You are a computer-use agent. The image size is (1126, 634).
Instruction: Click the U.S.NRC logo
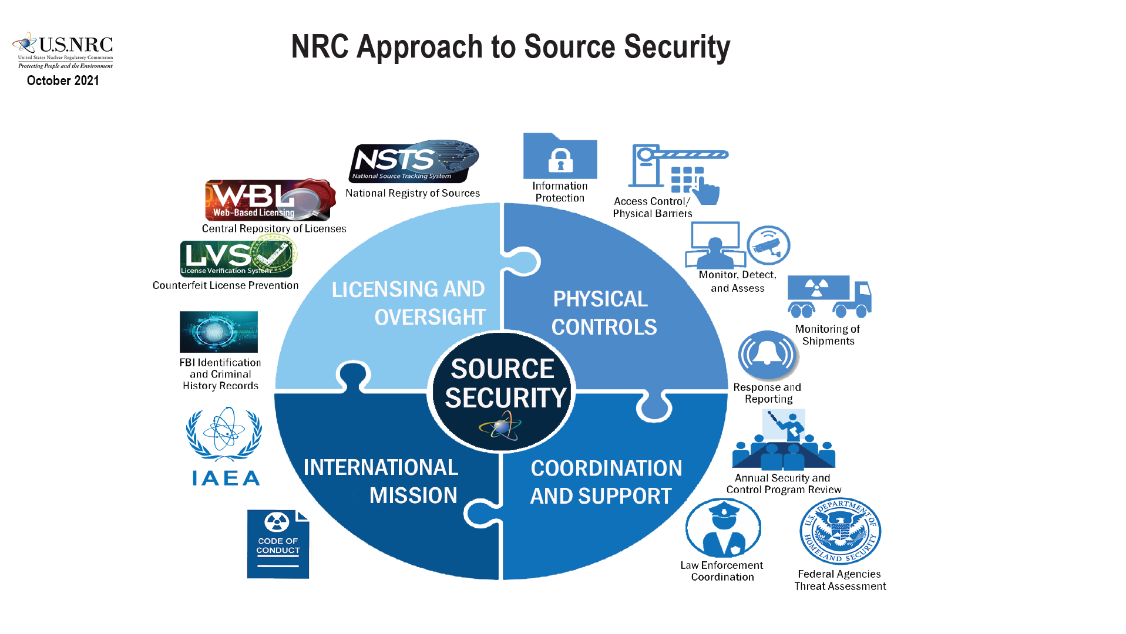63,49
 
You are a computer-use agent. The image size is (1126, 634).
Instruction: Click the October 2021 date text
63,80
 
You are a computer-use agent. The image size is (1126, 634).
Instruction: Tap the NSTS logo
414,161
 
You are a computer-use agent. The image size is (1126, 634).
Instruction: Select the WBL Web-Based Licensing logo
270,200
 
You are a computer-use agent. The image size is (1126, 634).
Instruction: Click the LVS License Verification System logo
237,258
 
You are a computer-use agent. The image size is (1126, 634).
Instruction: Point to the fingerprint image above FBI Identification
219,332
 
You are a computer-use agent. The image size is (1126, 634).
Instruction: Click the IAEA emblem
224,446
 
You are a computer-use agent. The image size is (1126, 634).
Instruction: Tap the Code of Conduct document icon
278,544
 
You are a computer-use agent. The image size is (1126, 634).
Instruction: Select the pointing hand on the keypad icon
707,191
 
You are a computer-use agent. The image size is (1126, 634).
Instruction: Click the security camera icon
768,245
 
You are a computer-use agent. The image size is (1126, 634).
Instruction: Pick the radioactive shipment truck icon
829,296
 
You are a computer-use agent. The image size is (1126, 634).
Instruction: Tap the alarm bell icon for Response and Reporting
767,355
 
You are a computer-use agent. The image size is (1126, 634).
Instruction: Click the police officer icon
723,528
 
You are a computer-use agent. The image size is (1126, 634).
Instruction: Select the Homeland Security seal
840,531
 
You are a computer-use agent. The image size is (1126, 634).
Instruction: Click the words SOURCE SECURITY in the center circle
503,383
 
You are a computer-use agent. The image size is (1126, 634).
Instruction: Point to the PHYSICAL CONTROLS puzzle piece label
603,313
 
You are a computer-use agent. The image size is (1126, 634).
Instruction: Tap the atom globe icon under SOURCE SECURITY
500,427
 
